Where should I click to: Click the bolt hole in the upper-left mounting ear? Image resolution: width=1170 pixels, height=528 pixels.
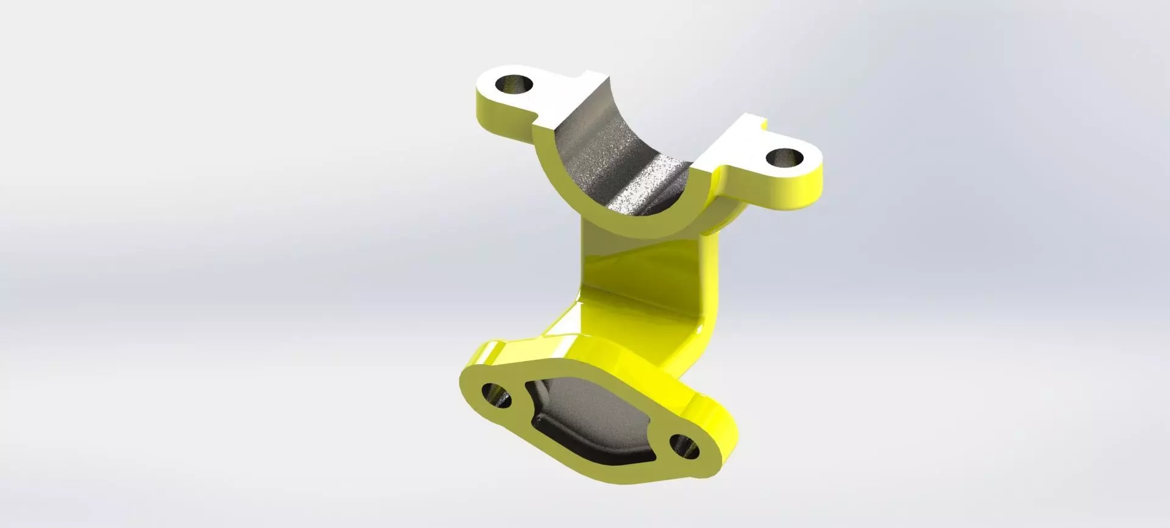coord(514,85)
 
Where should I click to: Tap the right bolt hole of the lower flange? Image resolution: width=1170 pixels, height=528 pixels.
coord(685,448)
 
